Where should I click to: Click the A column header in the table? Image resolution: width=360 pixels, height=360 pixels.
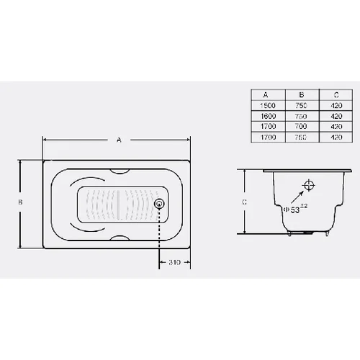pyautogui.click(x=266, y=95)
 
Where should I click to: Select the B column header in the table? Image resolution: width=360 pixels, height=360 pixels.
pyautogui.click(x=302, y=95)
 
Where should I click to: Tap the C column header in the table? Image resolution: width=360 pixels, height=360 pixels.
pyautogui.click(x=336, y=95)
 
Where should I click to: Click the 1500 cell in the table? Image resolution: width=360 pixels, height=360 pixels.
pyautogui.click(x=268, y=105)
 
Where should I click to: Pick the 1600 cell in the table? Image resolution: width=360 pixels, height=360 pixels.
pyautogui.click(x=268, y=116)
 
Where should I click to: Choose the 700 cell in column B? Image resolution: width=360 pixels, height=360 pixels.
pyautogui.click(x=301, y=126)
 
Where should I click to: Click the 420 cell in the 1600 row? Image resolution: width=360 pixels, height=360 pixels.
pyautogui.click(x=336, y=116)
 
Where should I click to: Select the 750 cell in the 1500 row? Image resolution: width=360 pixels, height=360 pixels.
pyautogui.click(x=301, y=105)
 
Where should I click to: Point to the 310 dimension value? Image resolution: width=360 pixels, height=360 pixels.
pyautogui.click(x=174, y=262)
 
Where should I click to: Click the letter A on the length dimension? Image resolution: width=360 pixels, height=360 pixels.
pyautogui.click(x=119, y=140)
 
